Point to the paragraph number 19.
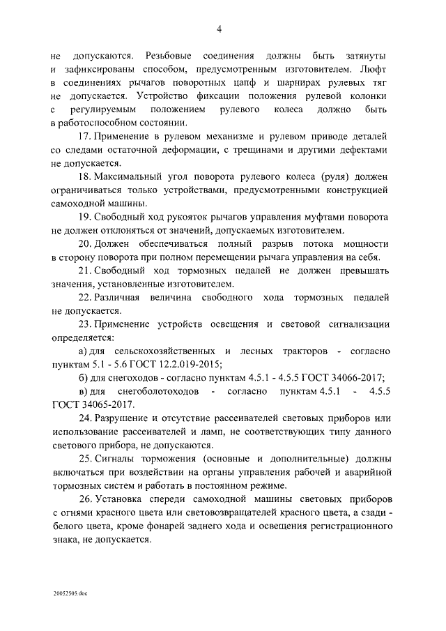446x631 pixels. pos(84,217)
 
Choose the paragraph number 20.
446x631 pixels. pos(84,243)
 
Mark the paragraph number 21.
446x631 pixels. pos(84,270)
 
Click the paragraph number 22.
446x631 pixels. pos(84,297)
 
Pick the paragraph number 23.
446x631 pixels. pos(84,324)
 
